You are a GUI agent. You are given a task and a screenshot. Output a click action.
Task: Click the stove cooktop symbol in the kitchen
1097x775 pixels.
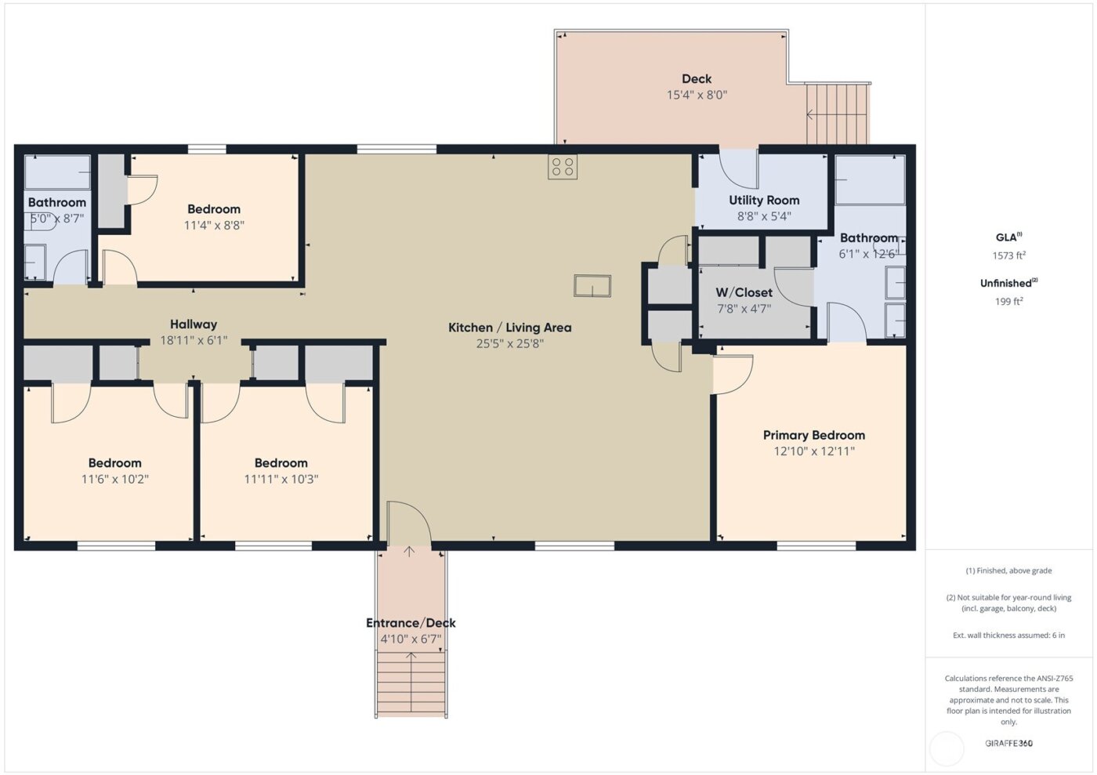coord(562,167)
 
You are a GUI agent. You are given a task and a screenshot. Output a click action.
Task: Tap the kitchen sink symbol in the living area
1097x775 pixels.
coord(592,286)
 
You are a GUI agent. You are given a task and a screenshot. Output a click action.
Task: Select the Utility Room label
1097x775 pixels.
coord(764,201)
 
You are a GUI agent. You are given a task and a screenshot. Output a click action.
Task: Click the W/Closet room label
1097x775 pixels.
coord(744,292)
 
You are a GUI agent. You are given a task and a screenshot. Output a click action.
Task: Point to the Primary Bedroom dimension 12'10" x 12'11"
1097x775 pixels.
coord(813,451)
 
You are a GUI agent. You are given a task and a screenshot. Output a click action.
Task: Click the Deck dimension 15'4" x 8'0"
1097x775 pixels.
coord(697,95)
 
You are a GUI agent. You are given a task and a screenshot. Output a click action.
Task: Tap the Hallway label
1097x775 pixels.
coord(194,324)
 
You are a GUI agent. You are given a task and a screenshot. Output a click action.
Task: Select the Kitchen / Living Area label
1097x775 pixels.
coord(509,328)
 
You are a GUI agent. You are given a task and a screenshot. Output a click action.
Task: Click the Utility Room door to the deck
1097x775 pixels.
coord(738,167)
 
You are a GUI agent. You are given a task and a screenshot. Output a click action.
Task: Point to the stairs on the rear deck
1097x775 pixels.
coord(838,115)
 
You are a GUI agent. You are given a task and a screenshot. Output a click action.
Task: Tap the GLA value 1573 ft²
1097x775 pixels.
coord(1008,255)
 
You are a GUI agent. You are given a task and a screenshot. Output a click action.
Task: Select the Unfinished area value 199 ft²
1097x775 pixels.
coord(1008,302)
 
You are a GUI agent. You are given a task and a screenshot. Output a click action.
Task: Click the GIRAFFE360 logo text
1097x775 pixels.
coord(1008,743)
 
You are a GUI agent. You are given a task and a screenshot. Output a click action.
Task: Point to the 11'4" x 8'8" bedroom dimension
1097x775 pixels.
coord(214,226)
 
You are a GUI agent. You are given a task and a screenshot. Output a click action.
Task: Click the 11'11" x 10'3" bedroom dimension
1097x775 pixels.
coord(281,480)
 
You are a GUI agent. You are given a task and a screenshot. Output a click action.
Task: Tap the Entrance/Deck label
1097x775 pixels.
coord(411,623)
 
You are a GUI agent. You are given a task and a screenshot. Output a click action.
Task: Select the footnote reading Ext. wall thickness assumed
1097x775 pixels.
coord(1008,636)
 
